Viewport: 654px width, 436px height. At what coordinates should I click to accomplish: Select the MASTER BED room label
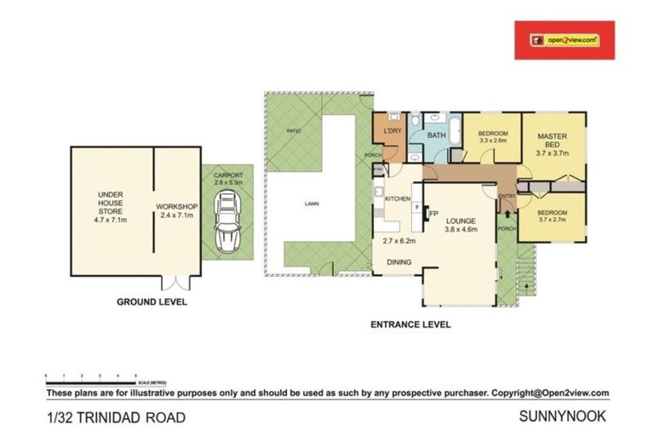pos(551,141)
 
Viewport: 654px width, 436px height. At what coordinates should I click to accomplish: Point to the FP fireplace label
pos(433,213)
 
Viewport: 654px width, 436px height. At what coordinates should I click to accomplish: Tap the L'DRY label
pos(393,130)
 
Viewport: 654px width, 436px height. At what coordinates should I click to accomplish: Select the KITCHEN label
pos(398,198)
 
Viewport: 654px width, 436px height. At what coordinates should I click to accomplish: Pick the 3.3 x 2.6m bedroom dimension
pos(492,142)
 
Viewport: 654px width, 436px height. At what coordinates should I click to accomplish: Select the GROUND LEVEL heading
pos(152,301)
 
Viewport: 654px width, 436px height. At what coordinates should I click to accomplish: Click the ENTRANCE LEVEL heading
pos(410,324)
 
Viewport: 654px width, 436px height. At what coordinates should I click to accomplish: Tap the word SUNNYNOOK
pos(563,417)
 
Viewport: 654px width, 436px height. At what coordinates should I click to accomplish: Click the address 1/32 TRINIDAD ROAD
pos(115,417)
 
